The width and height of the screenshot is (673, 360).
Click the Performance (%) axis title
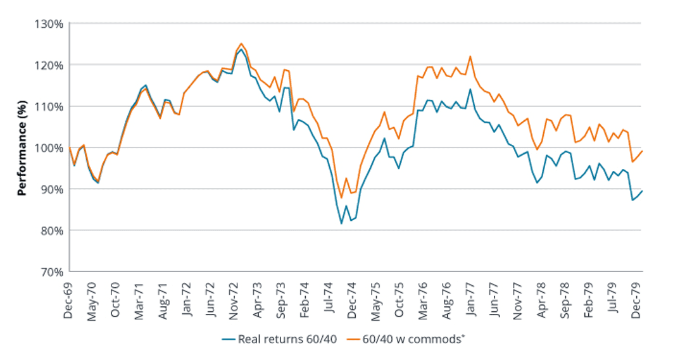point(22,147)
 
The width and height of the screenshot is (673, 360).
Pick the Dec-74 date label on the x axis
point(353,298)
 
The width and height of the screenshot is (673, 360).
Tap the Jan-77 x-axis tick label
point(470,298)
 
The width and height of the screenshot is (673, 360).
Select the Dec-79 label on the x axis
point(637,298)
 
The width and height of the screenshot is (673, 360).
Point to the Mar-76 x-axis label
point(424,298)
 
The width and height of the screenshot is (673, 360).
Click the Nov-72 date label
point(235,298)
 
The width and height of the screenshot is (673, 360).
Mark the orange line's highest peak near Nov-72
point(241,44)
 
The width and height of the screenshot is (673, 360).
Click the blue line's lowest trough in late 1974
point(341,223)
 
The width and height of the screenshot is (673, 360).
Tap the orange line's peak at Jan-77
point(470,56)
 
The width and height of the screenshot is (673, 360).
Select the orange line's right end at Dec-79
point(642,151)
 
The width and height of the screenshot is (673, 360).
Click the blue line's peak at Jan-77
point(470,89)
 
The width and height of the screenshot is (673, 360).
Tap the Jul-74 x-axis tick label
point(329,298)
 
